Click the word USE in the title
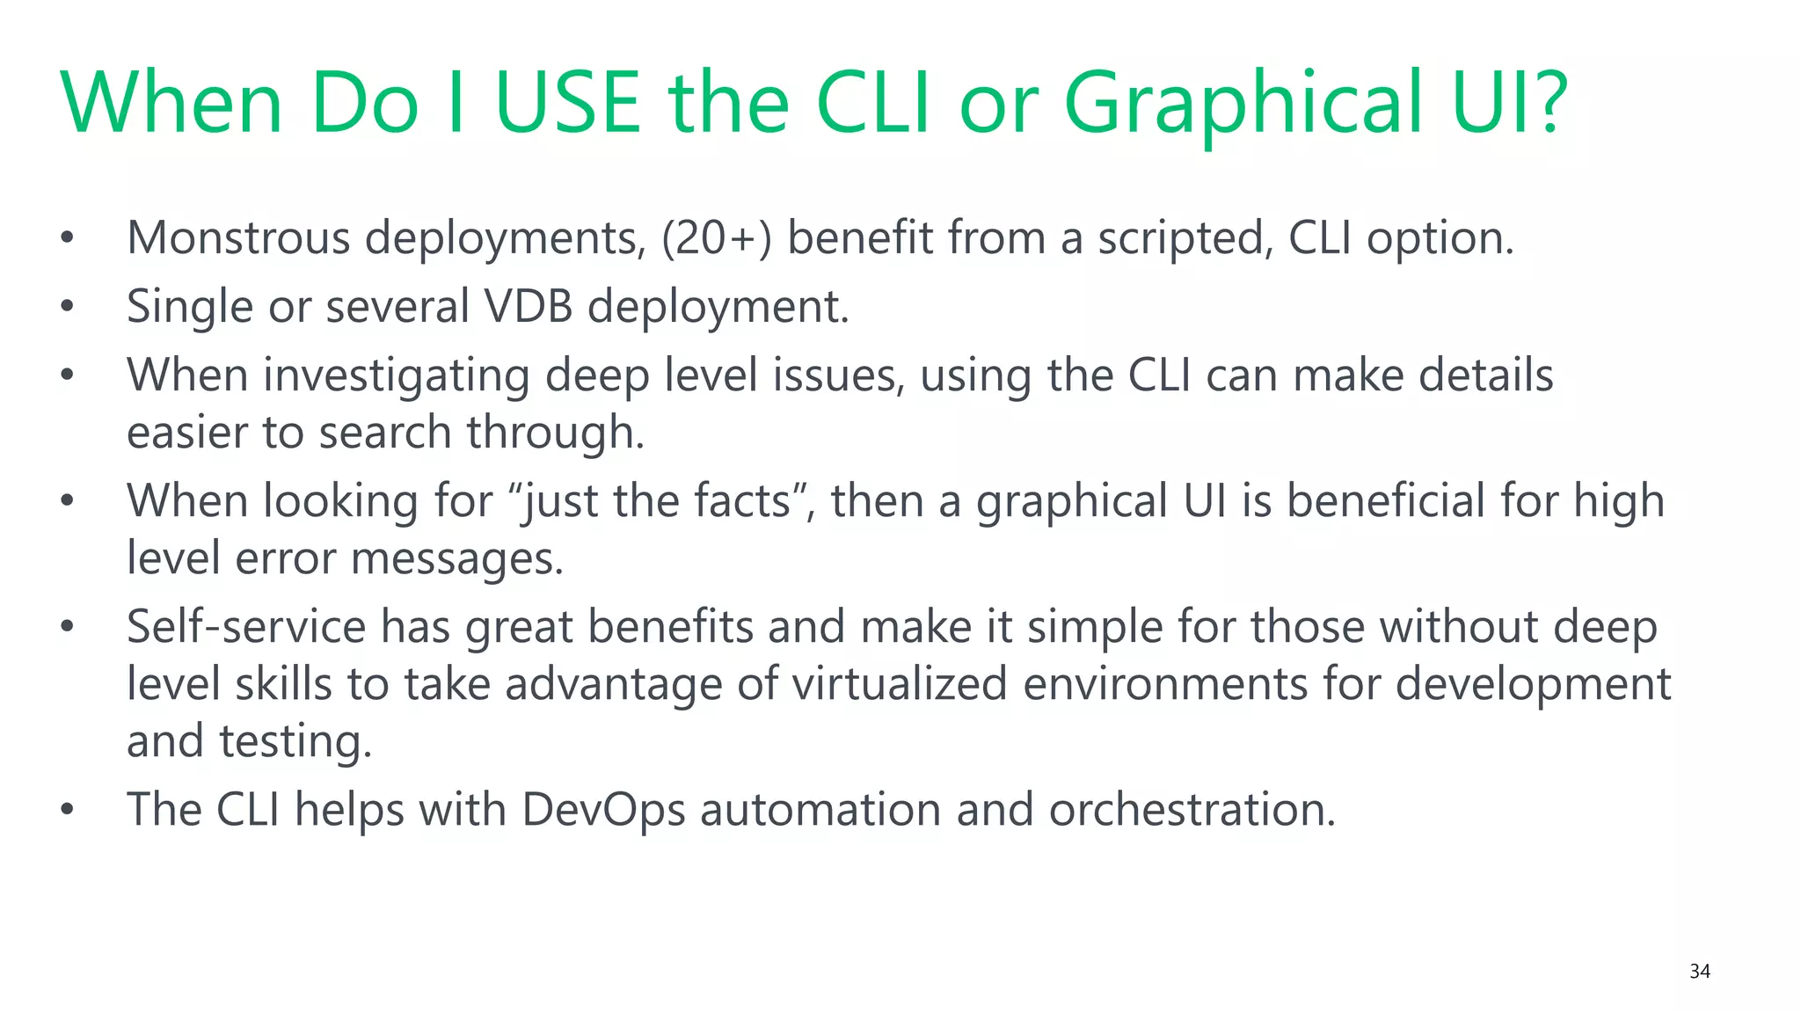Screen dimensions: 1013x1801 click(x=567, y=103)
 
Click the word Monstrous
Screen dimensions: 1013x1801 click(x=238, y=238)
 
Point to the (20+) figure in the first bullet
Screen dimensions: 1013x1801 click(x=716, y=238)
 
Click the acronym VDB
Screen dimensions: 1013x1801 click(x=529, y=307)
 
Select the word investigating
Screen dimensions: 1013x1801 click(x=397, y=376)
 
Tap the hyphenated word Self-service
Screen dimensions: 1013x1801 click(x=246, y=627)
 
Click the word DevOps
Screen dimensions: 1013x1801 click(x=602, y=810)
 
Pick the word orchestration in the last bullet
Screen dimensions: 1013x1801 click(x=1192, y=810)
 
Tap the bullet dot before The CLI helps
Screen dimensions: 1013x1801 click(x=68, y=810)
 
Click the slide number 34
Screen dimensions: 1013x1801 click(x=1699, y=971)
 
